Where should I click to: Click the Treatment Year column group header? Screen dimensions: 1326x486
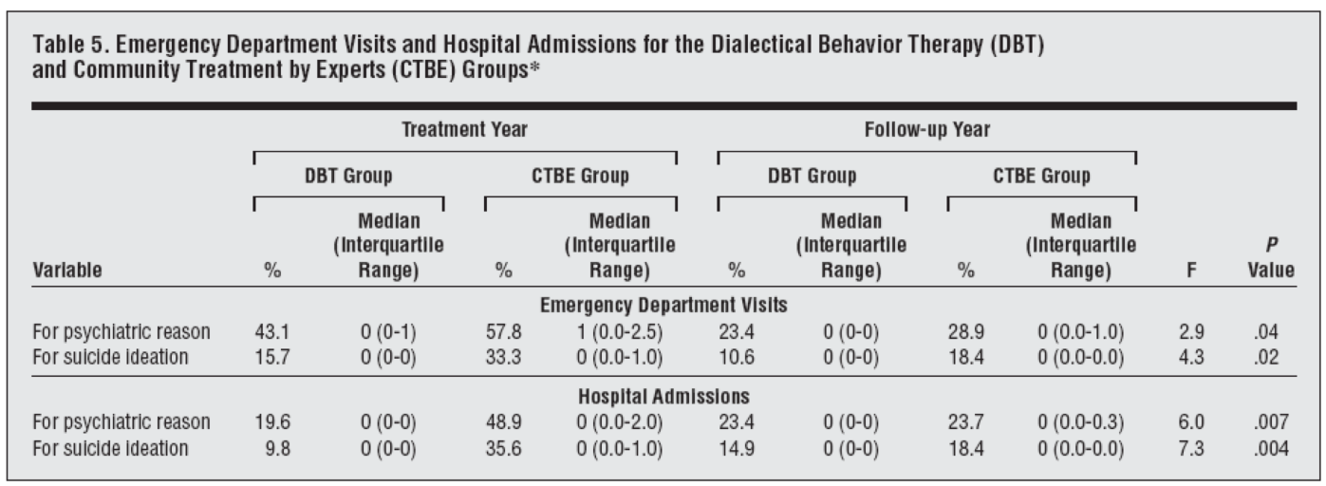(x=464, y=130)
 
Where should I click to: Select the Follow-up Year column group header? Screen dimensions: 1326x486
(x=927, y=130)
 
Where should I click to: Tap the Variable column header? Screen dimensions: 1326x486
(x=66, y=270)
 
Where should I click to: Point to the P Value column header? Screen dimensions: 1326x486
(x=1271, y=257)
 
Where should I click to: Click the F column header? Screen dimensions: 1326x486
(x=1191, y=271)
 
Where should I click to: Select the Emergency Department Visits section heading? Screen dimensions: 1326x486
(x=663, y=305)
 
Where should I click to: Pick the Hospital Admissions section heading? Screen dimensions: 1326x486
(x=663, y=396)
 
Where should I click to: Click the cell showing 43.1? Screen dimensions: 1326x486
(x=272, y=331)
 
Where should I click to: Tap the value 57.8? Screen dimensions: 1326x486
(x=504, y=331)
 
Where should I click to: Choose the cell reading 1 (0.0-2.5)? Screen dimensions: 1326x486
(x=620, y=332)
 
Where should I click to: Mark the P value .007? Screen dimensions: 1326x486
(x=1271, y=422)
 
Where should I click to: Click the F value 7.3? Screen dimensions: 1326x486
(x=1191, y=449)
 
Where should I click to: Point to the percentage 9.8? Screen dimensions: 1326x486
(x=277, y=449)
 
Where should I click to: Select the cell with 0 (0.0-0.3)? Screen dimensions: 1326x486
(x=1080, y=422)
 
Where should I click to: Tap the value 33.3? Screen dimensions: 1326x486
(x=504, y=358)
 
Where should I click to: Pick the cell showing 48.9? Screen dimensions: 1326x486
(x=504, y=422)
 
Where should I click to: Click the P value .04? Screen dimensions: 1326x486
(x=1265, y=331)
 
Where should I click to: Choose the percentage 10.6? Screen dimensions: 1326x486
(x=737, y=358)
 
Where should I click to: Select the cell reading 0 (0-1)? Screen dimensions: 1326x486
(x=388, y=332)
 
